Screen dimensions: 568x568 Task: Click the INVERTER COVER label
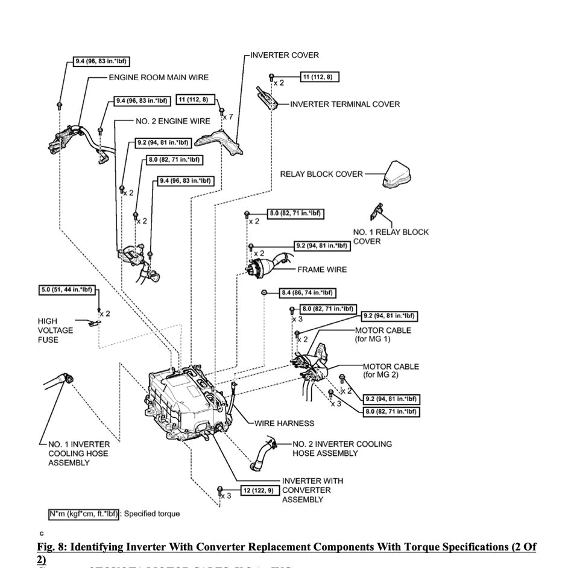tap(284, 55)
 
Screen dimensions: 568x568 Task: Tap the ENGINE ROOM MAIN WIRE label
tap(159, 78)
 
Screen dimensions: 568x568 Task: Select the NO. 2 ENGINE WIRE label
tap(172, 121)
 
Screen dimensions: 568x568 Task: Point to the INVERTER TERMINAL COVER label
tap(345, 104)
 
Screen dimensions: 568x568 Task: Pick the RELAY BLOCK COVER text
tap(321, 174)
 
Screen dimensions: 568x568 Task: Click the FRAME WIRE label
tap(322, 270)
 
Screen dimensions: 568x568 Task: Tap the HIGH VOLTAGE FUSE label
tap(55, 330)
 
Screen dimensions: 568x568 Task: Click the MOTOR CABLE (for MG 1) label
tap(383, 335)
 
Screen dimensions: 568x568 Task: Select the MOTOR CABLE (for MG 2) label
tap(391, 371)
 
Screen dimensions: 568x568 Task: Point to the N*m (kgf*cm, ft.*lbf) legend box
tap(84, 514)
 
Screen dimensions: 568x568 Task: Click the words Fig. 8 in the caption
tap(51, 547)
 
